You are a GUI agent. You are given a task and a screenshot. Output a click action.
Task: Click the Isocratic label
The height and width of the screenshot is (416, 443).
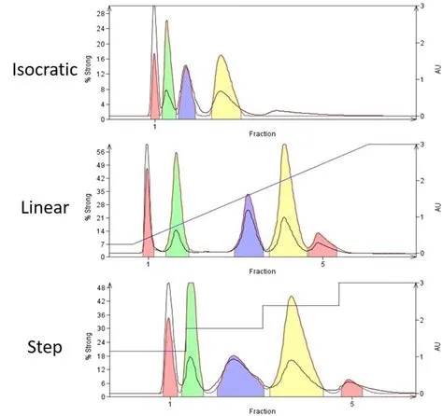(47, 70)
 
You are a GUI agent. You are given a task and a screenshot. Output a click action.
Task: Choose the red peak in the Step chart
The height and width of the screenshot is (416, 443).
(168, 359)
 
